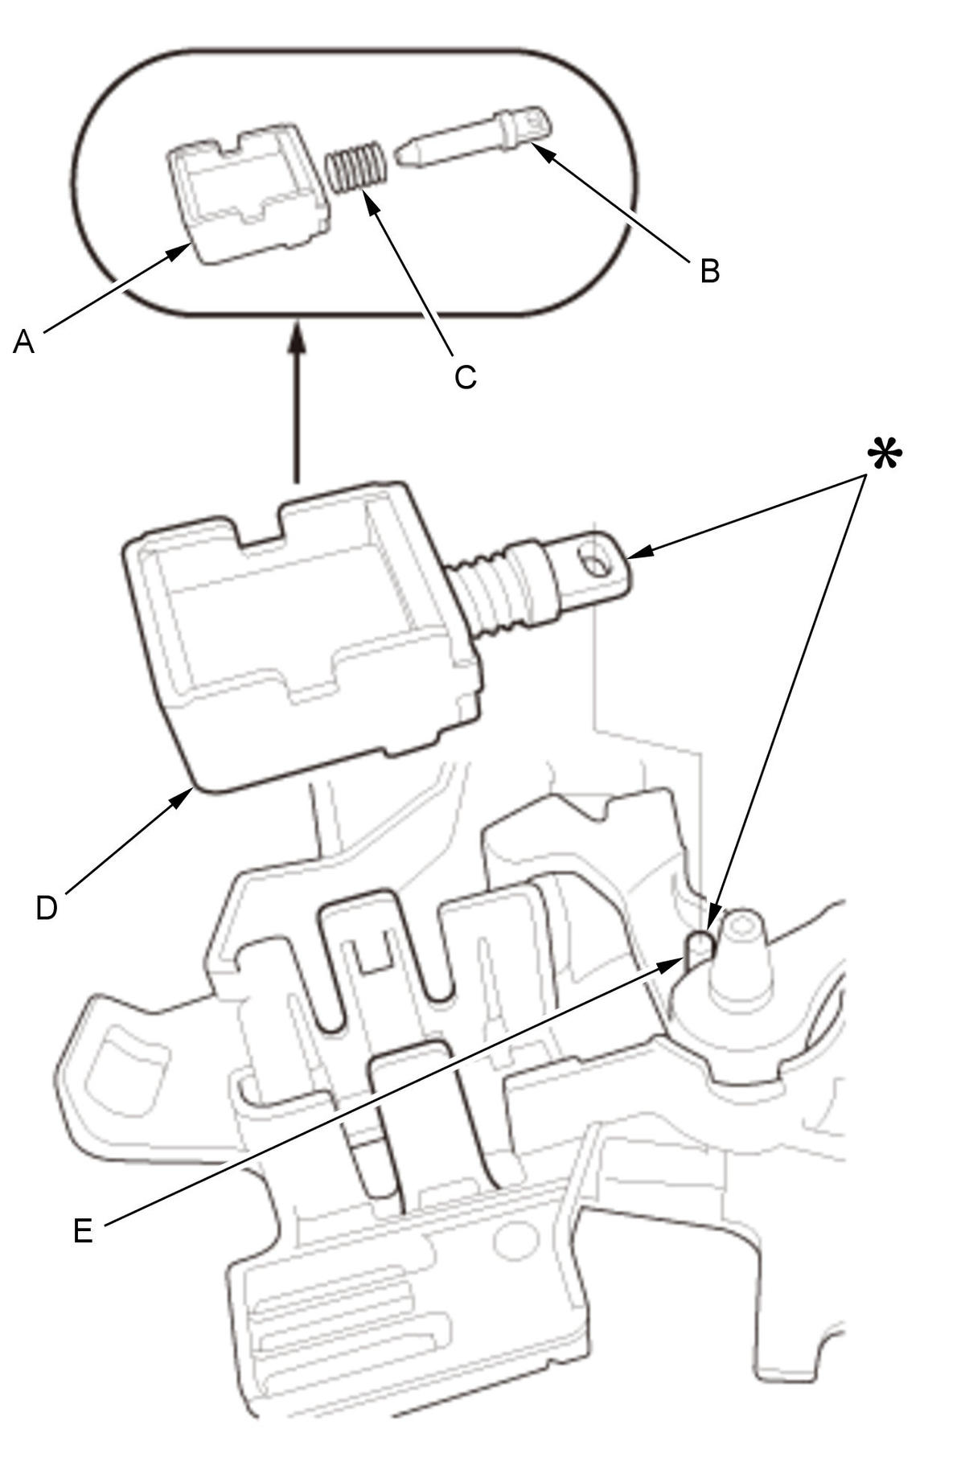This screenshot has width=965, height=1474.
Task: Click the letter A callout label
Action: (24, 343)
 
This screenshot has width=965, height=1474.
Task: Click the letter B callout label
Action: (709, 271)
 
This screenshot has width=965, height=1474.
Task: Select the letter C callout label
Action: (466, 376)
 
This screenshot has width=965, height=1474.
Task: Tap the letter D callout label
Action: (47, 908)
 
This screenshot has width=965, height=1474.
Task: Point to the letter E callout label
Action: (83, 1231)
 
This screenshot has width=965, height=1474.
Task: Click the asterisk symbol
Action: (884, 456)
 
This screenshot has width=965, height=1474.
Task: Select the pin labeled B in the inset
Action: (474, 138)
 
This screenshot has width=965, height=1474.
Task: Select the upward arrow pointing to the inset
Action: (298, 402)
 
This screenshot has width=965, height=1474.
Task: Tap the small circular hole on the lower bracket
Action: (515, 1242)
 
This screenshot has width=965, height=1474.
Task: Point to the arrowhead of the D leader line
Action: (183, 797)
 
